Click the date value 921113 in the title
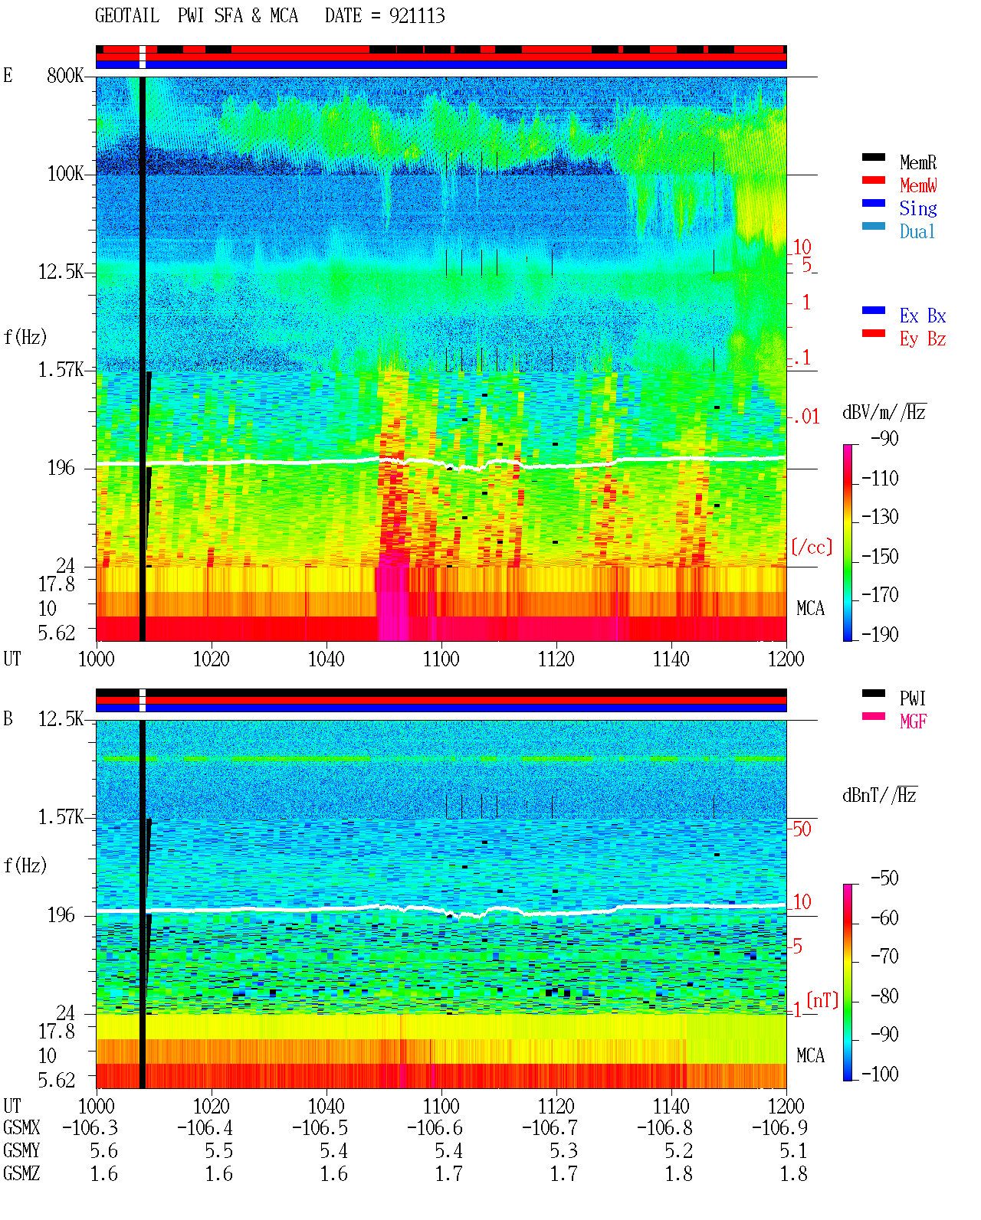click(417, 15)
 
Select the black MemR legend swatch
click(873, 157)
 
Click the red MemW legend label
click(918, 185)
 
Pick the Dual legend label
click(917, 231)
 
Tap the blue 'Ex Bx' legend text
click(923, 316)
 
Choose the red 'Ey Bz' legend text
click(923, 339)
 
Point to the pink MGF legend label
click(913, 721)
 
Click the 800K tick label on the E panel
click(65, 75)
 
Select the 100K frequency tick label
click(65, 174)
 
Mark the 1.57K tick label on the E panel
click(61, 370)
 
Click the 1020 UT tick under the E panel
click(211, 659)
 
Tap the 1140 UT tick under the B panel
click(671, 1106)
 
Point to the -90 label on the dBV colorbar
click(884, 438)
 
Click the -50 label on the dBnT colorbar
click(884, 878)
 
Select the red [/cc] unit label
click(812, 547)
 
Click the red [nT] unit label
click(822, 1000)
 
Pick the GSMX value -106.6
click(435, 1128)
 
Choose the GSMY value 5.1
click(793, 1151)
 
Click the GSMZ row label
click(21, 1174)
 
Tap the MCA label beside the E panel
click(810, 608)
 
